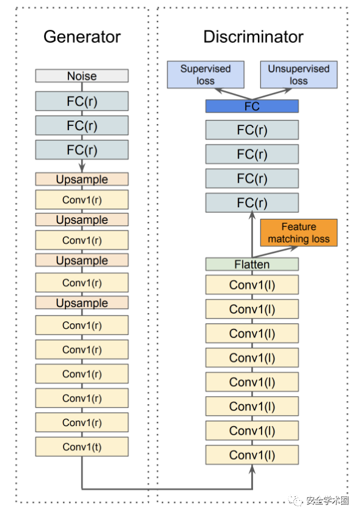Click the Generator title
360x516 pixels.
tap(82, 37)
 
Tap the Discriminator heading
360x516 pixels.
tap(253, 37)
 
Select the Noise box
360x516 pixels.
tap(82, 76)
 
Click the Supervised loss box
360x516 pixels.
tap(205, 75)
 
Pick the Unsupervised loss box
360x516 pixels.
tap(299, 75)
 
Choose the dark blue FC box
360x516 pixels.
tap(252, 106)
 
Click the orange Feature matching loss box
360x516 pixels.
tap(299, 233)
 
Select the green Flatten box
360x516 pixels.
tap(252, 264)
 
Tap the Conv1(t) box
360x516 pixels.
tap(82, 446)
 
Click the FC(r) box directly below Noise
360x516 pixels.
tap(82, 101)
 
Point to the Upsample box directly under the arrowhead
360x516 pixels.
tap(82, 179)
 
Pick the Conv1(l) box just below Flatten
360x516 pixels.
tap(252, 285)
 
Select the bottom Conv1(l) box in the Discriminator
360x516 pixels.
tap(252, 455)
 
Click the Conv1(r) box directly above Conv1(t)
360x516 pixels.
tap(82, 422)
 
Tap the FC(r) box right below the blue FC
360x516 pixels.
tap(252, 130)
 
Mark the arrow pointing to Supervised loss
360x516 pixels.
tap(233, 94)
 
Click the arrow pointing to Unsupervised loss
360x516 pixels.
tap(272, 94)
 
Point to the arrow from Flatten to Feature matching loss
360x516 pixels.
tap(275, 252)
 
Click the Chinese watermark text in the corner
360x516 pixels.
tap(327, 501)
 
